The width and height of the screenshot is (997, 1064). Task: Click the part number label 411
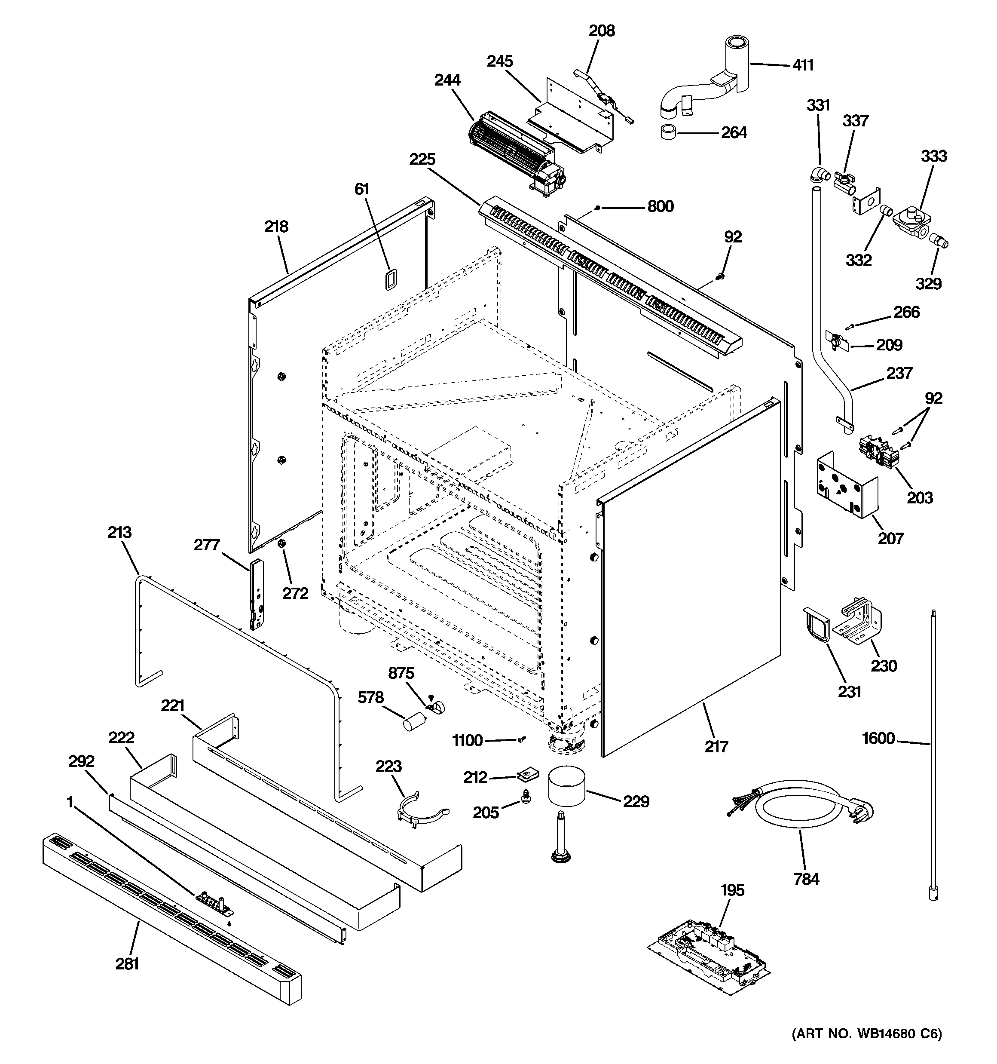(803, 65)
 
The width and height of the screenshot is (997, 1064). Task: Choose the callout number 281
(127, 963)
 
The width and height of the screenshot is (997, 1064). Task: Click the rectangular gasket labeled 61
(390, 280)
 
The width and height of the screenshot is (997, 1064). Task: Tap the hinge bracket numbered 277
(257, 594)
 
